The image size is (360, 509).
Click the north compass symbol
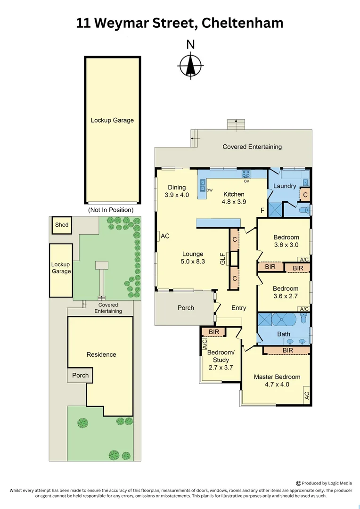pos(190,65)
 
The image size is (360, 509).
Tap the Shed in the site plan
pos(62,225)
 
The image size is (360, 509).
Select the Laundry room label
pos(285,186)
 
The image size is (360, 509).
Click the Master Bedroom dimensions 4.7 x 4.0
pos(277,384)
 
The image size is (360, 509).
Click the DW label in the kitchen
pos(210,190)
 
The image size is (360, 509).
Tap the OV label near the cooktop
pos(246,181)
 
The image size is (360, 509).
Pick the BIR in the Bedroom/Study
pos(214,332)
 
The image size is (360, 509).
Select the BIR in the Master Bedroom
pos(287,350)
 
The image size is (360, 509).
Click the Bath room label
pos(284,334)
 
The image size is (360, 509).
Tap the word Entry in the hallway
pos(238,308)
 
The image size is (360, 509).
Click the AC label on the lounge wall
pos(165,236)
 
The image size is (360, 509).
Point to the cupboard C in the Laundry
pos(305,195)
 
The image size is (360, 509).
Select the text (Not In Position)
pos(111,210)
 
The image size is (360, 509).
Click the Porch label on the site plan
pos(80,376)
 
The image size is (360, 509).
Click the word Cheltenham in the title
pos(242,23)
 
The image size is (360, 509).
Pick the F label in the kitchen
pos(262,211)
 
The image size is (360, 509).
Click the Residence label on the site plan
pos(101,354)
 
